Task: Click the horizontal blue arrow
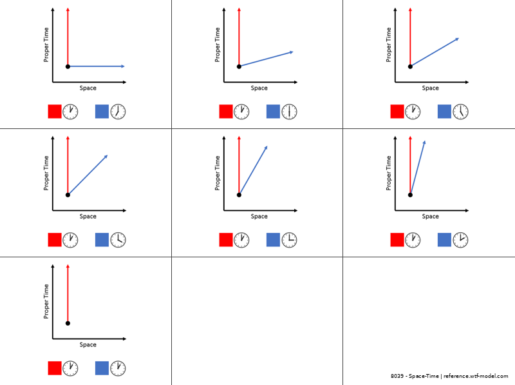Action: pos(97,66)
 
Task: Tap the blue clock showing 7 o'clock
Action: pos(118,112)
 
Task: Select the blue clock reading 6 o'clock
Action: pos(289,112)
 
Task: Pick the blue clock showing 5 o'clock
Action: pos(460,112)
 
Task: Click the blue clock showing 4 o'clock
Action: pos(118,240)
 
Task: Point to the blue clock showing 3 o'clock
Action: pos(289,240)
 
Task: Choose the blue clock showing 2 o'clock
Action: pos(460,240)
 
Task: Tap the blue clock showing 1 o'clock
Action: pos(118,368)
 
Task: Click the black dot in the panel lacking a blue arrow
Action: pos(68,323)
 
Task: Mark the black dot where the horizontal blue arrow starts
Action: pos(68,66)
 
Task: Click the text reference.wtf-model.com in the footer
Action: pos(476,376)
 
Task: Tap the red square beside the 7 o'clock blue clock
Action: pos(55,112)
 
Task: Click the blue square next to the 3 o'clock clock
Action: pos(273,240)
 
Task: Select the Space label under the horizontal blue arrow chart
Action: pos(88,88)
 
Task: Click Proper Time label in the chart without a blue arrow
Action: pos(46,301)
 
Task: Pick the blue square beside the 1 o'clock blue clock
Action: pos(102,368)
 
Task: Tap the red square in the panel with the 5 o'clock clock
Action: pos(397,112)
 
